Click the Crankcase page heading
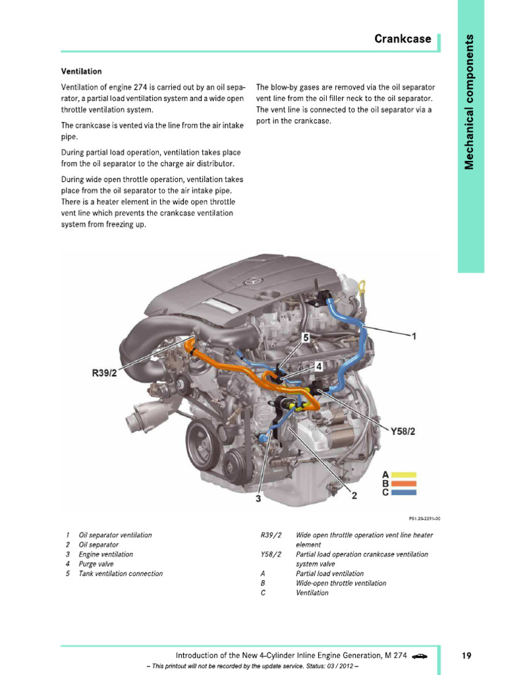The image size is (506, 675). pos(403,39)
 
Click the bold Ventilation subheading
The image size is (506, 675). pos(81,71)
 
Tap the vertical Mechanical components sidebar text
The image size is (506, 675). pos(469,100)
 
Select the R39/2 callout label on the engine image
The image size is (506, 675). pos(104,373)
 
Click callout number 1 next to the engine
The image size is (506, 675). pos(414,336)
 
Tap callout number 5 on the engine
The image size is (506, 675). pos(305,337)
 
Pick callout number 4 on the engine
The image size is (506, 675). pos(318,365)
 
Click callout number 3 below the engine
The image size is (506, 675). pos(258,499)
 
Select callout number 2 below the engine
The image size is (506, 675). pos(354,496)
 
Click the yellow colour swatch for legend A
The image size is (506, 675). pos(403,474)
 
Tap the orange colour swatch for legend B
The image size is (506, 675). pos(403,483)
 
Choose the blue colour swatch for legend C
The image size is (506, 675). pos(403,492)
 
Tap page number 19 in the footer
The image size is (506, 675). pos(466,655)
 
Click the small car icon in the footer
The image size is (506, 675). pos(419,655)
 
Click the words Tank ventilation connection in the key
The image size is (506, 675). pos(121,573)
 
